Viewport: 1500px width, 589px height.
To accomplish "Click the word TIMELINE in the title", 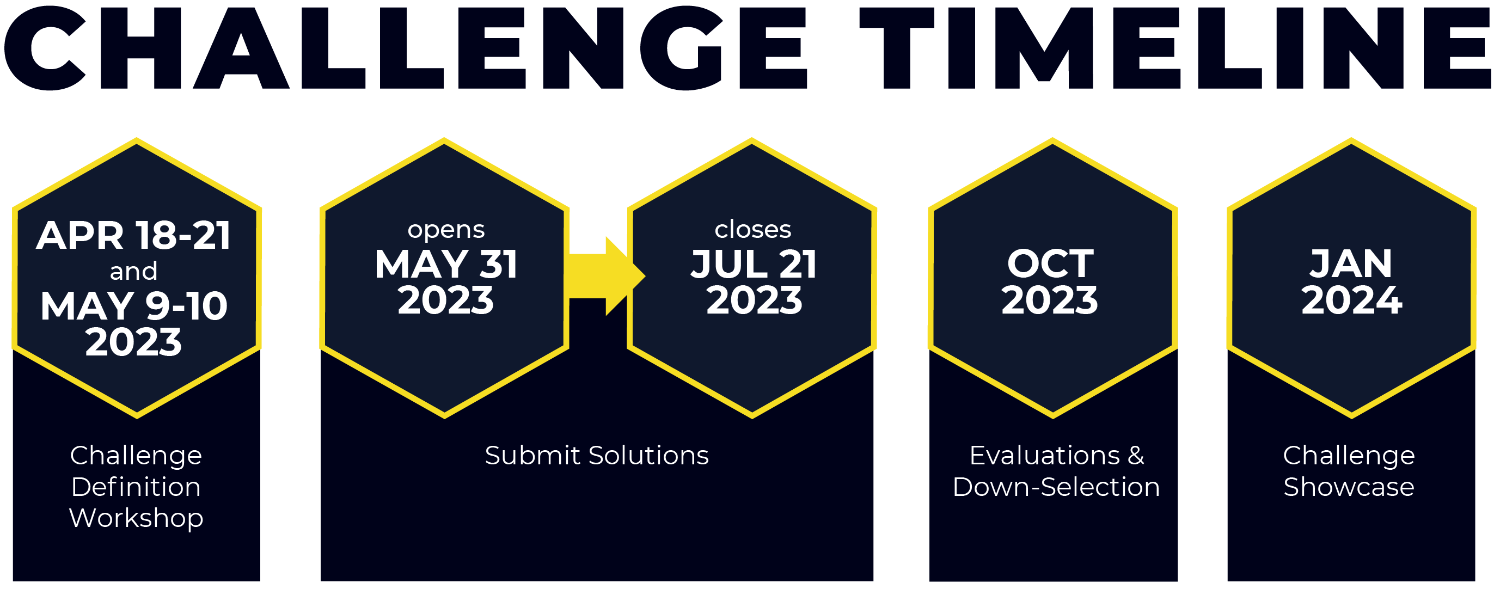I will click(x=1175, y=49).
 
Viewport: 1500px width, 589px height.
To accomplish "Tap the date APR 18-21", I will click(x=134, y=236).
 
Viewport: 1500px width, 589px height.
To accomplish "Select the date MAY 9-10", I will click(x=134, y=306).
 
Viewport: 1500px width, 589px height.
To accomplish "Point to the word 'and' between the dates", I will click(x=134, y=271).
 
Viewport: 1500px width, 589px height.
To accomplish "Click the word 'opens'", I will click(x=446, y=230).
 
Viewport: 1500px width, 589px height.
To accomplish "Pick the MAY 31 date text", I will click(x=446, y=264).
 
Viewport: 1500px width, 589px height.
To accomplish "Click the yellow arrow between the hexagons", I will click(x=605, y=276).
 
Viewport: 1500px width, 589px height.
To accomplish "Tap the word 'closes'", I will click(x=753, y=229).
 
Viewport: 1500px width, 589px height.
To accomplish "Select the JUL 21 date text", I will click(x=754, y=264).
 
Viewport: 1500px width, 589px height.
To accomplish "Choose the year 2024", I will click(x=1351, y=300).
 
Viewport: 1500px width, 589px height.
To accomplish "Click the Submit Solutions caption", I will click(x=597, y=455).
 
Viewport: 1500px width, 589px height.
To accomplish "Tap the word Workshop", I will click(x=136, y=518).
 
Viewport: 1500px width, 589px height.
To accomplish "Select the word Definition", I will click(x=136, y=487).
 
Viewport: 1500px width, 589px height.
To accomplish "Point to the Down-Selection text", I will click(x=1056, y=487).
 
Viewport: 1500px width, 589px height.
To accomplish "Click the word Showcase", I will click(x=1349, y=487).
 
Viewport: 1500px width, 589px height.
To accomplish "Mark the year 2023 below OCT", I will click(x=1050, y=300).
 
